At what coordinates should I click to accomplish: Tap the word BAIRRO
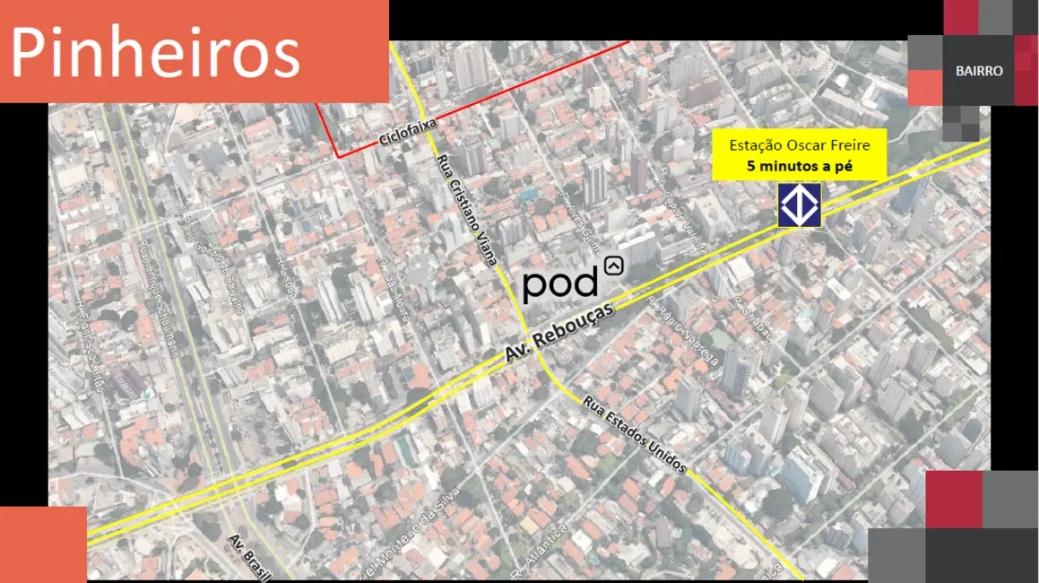coord(979,71)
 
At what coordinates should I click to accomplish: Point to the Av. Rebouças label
coord(559,331)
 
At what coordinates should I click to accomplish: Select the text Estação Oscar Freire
coord(800,144)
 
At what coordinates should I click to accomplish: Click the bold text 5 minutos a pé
coord(800,165)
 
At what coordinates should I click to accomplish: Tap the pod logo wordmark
coord(561,283)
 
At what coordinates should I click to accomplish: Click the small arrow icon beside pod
coord(614,265)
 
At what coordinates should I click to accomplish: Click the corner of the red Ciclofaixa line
coord(339,157)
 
